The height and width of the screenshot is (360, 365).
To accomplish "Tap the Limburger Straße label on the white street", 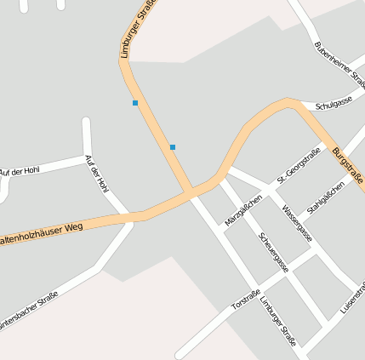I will (x=278, y=323).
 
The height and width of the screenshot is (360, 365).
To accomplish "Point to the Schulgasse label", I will (x=334, y=104).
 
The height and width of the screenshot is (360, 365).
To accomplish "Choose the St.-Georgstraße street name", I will (x=299, y=167).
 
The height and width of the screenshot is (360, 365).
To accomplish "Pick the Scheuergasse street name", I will (x=273, y=251).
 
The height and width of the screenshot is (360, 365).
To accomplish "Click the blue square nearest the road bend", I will (x=134, y=103).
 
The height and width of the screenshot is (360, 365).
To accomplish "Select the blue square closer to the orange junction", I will (x=173, y=147).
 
